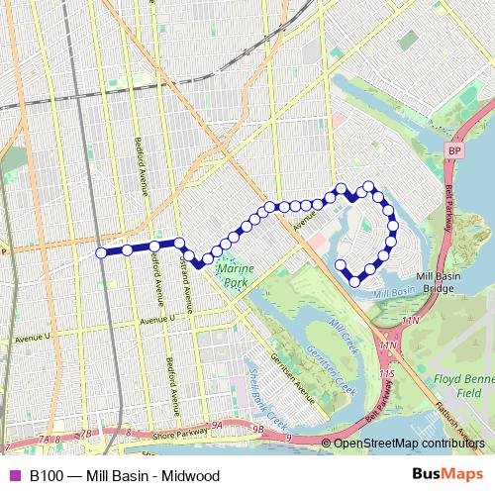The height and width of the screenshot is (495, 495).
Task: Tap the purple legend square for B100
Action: coord(13,475)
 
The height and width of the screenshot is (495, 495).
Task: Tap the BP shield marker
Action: coord(454,149)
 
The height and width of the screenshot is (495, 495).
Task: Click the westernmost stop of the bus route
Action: coord(101,252)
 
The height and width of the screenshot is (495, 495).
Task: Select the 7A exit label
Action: coord(43,436)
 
